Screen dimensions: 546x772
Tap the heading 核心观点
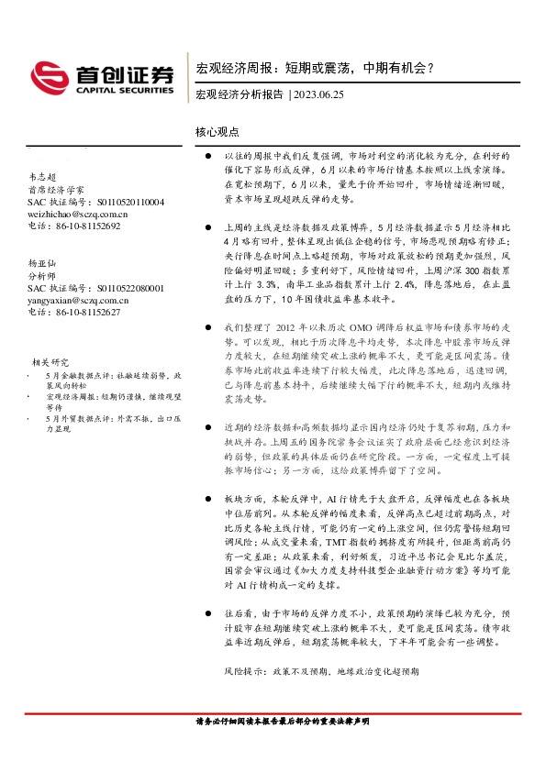(x=217, y=133)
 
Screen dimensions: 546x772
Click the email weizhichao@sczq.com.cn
(x=78, y=213)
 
